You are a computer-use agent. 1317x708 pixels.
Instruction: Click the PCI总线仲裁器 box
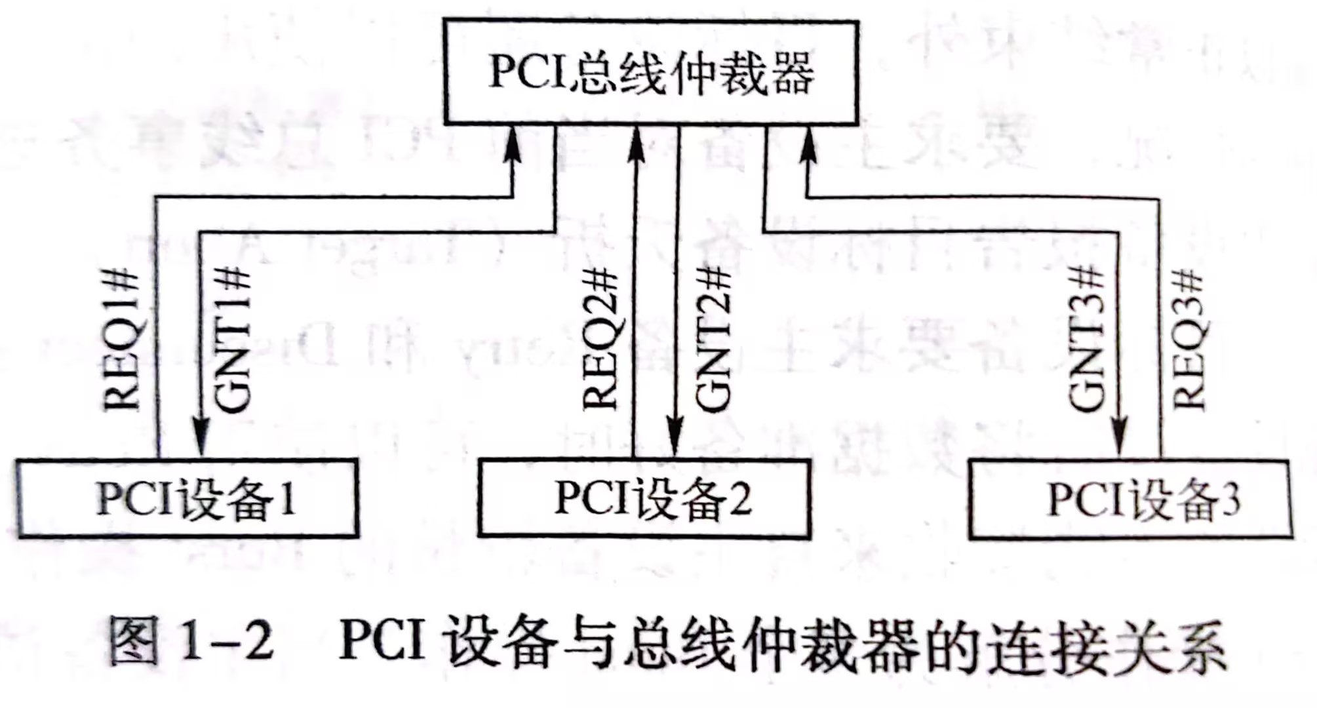click(651, 72)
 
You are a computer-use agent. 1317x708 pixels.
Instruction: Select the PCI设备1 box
click(188, 499)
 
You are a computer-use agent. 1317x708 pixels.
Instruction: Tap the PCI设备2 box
click(645, 499)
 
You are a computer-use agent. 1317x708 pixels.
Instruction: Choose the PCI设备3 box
click(1131, 500)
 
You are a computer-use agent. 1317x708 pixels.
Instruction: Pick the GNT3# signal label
click(1086, 340)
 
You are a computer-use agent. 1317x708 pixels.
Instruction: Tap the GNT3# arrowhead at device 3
click(1119, 437)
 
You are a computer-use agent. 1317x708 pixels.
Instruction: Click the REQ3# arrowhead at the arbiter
click(808, 146)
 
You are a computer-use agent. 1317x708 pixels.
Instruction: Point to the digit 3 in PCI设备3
click(1230, 500)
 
